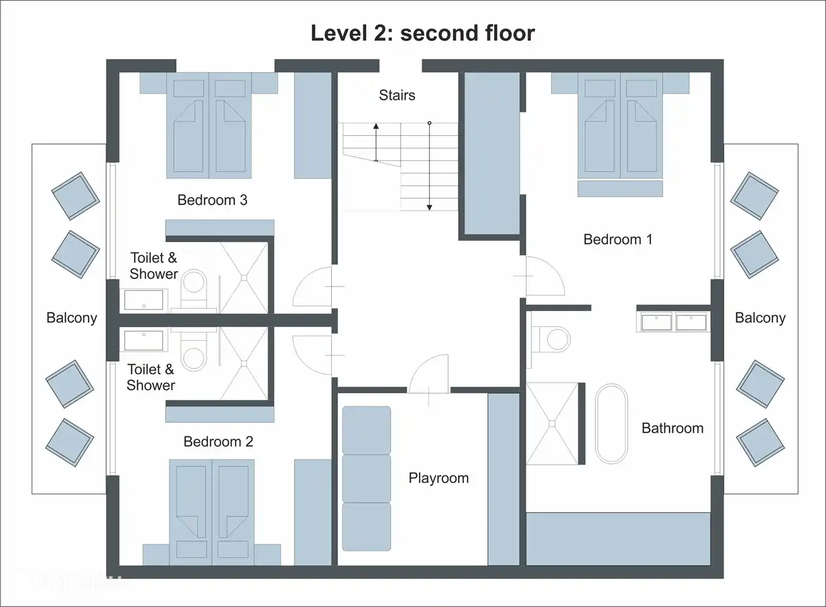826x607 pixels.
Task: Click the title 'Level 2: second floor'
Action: click(x=422, y=33)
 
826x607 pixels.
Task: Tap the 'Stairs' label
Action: click(x=397, y=95)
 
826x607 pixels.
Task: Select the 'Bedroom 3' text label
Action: click(x=212, y=200)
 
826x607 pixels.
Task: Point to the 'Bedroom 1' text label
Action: click(x=617, y=240)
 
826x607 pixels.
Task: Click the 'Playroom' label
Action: click(x=439, y=478)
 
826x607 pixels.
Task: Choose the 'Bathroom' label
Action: click(x=672, y=428)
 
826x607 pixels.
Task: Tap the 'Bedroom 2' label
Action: click(x=218, y=442)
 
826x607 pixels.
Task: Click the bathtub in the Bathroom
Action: click(x=611, y=424)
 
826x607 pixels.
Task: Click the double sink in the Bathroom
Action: click(x=674, y=322)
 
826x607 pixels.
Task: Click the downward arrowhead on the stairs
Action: click(x=429, y=207)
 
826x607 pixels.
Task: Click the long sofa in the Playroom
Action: click(x=366, y=478)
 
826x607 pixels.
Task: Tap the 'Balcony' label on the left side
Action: click(x=71, y=318)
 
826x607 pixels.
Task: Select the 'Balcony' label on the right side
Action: click(x=760, y=318)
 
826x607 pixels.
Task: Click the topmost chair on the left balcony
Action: click(x=75, y=195)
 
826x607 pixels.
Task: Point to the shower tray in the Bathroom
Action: click(x=552, y=424)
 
